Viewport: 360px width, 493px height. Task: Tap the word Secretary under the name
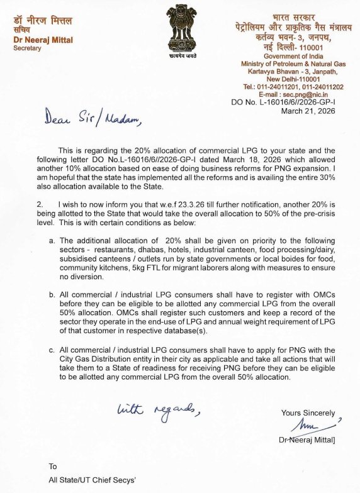click(x=27, y=48)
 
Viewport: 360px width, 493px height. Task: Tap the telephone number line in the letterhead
click(x=293, y=86)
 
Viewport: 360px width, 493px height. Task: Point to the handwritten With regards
click(x=159, y=411)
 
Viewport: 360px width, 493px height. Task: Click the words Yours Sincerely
click(x=308, y=413)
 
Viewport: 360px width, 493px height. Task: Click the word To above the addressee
click(x=53, y=466)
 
